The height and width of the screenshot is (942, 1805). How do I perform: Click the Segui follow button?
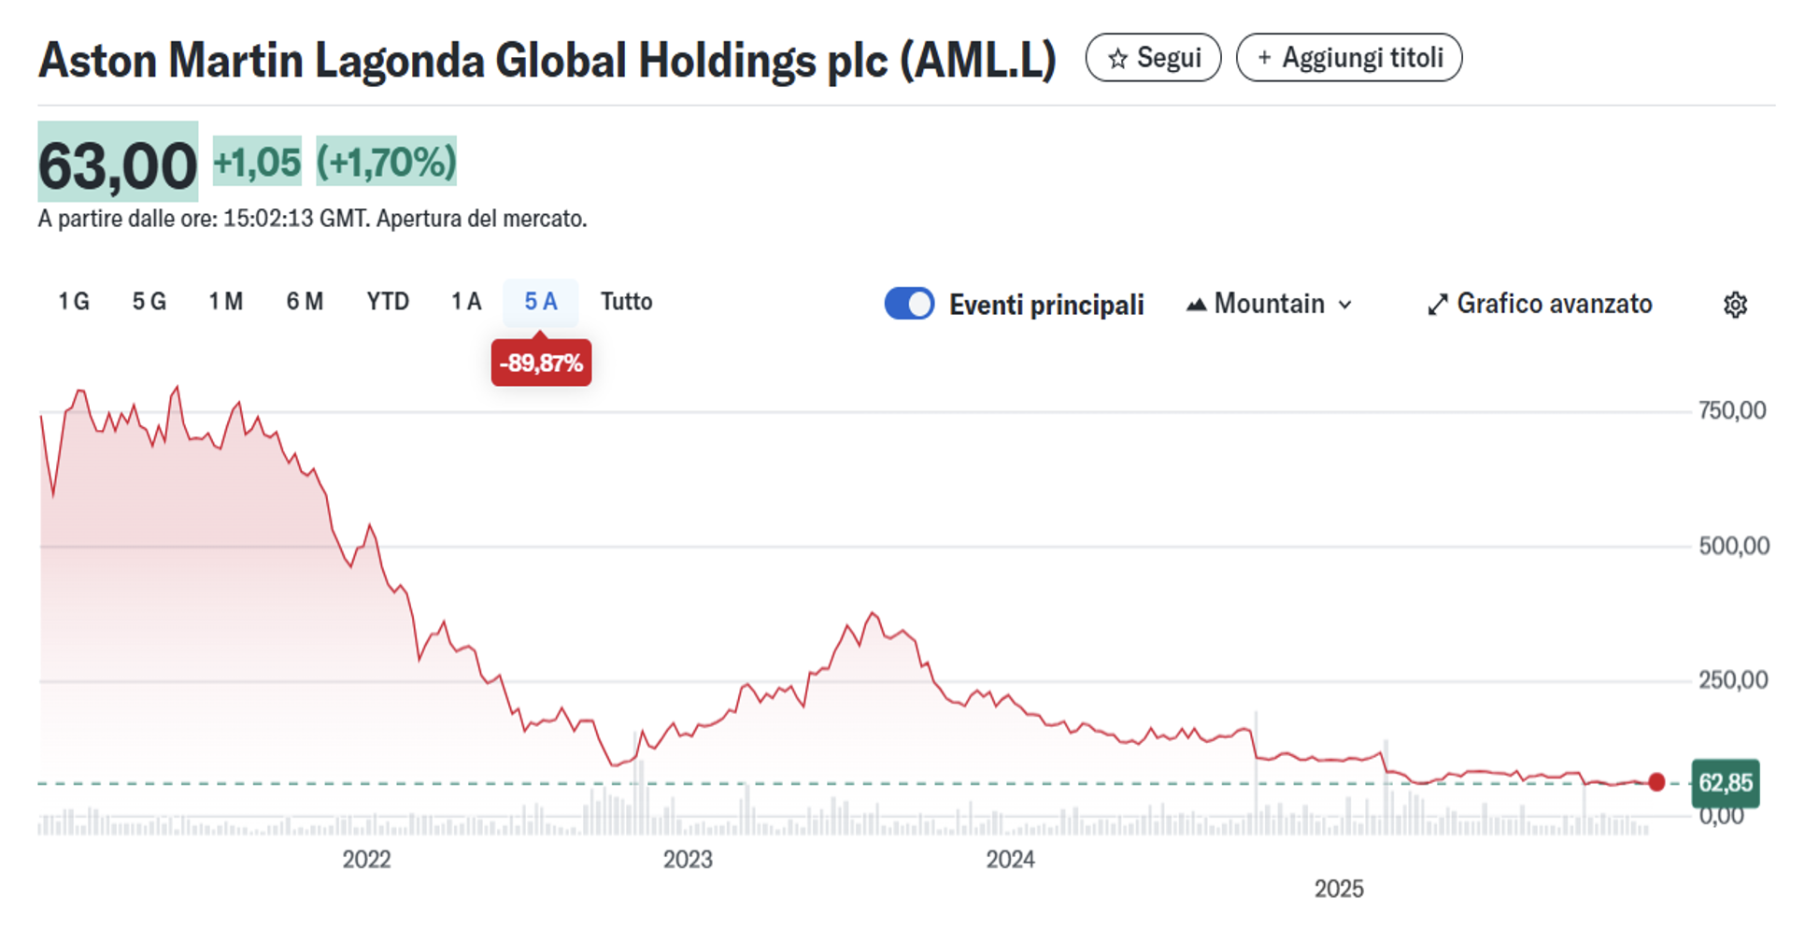[1153, 58]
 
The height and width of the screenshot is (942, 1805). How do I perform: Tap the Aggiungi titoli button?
[1349, 58]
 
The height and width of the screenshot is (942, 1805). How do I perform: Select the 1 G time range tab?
[74, 302]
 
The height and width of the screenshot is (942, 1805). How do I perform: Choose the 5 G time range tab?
[149, 302]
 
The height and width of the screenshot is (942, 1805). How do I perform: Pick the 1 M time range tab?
[226, 302]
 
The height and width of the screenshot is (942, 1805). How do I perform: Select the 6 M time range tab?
[305, 302]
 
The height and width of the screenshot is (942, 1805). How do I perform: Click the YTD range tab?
[388, 302]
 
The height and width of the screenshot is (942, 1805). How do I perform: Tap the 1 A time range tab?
[466, 302]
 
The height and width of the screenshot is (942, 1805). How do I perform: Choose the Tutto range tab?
[626, 302]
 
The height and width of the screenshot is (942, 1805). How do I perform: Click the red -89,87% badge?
[541, 364]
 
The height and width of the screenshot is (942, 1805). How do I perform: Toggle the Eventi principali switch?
[909, 304]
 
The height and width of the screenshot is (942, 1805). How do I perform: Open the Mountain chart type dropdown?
[1269, 304]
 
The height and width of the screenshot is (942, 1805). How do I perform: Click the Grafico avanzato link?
[1540, 304]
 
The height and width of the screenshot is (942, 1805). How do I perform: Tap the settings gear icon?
[1735, 305]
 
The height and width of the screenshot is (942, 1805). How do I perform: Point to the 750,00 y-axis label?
[1732, 411]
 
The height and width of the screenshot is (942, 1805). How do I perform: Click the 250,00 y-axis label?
[1732, 680]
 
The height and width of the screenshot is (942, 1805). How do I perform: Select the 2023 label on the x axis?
[688, 860]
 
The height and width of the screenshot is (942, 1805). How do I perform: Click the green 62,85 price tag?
[1725, 783]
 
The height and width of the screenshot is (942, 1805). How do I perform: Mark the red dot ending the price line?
[1656, 782]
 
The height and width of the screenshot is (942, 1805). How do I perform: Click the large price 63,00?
[118, 164]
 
